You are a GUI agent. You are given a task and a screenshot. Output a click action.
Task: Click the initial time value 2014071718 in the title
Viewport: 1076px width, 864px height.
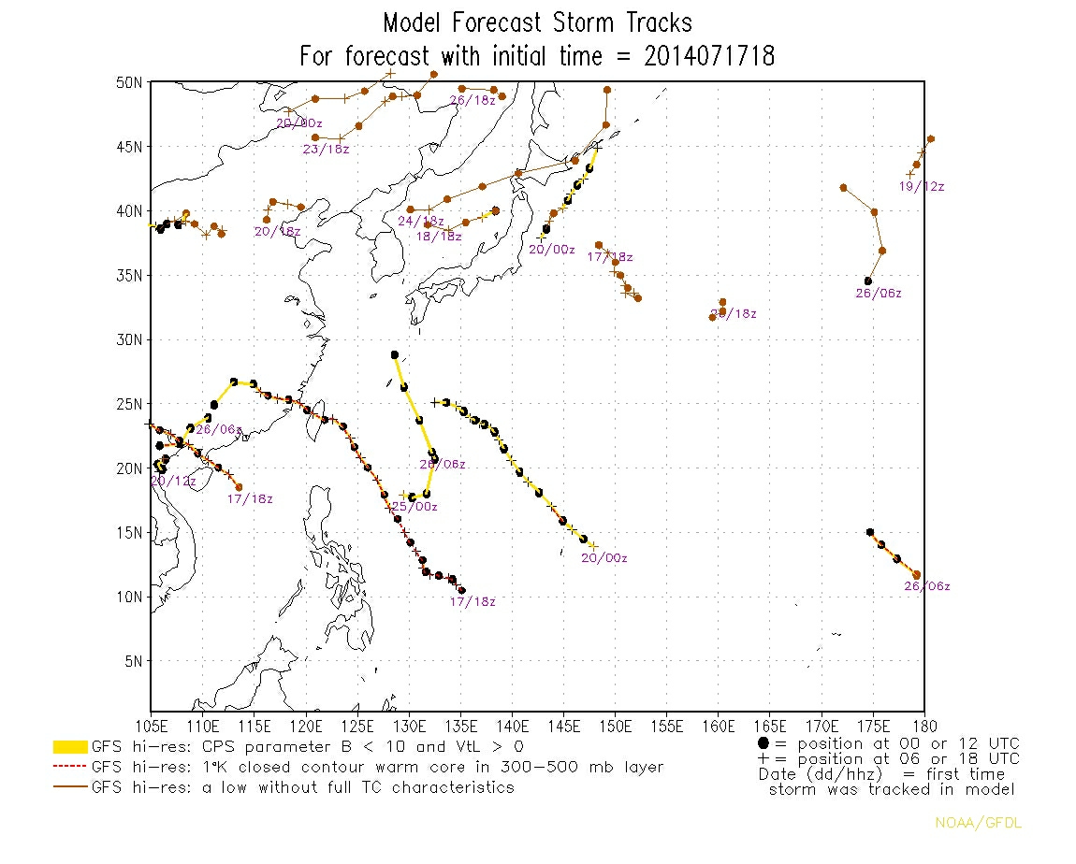(709, 56)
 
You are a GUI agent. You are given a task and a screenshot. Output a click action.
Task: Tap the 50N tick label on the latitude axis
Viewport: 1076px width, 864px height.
(129, 82)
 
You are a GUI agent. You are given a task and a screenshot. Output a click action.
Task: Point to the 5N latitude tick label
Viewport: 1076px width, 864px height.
(133, 661)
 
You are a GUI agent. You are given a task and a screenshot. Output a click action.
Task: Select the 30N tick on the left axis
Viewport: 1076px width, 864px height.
(129, 339)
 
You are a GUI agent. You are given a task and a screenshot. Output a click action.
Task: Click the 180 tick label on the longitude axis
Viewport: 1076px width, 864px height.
(923, 726)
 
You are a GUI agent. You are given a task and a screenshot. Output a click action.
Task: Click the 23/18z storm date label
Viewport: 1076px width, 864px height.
(326, 151)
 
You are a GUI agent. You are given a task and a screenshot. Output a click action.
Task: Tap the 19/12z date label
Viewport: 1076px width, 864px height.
(922, 187)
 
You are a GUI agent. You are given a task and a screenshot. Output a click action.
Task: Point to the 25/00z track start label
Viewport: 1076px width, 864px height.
(414, 507)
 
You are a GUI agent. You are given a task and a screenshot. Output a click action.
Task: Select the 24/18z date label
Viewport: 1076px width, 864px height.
(420, 222)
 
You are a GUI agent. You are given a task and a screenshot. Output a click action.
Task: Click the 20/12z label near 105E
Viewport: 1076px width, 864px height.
(173, 482)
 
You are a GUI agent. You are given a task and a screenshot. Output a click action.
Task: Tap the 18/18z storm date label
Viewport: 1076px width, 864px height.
(439, 237)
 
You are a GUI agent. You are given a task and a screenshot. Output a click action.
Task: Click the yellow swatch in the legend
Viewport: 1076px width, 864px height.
(70, 747)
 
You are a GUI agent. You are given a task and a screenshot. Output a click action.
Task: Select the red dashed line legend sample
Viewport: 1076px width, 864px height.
(70, 768)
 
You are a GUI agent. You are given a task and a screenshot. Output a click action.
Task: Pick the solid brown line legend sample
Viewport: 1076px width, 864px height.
(70, 788)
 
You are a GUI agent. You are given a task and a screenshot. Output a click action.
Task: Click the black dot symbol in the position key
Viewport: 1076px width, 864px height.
(763, 743)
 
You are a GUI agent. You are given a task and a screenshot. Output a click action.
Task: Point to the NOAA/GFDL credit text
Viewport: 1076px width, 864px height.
(972, 823)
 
